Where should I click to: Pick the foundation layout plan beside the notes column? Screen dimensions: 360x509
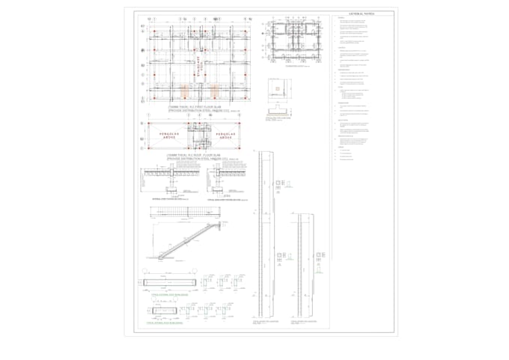point(293,44)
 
